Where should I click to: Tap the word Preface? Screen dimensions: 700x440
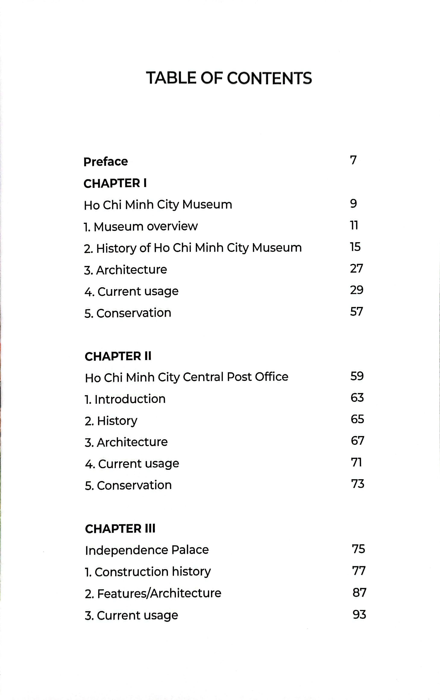click(106, 162)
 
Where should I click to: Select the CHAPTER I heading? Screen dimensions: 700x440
click(115, 183)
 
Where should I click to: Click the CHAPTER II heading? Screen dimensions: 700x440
click(118, 356)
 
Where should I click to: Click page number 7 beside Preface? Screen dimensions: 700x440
click(353, 160)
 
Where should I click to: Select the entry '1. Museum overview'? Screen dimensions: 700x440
click(141, 227)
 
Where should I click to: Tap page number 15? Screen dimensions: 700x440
click(355, 247)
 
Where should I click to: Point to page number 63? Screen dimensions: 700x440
click(357, 397)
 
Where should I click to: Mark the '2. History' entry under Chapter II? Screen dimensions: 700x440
click(111, 421)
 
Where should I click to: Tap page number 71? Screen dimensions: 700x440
click(356, 462)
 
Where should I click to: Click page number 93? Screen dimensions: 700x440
click(359, 615)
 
